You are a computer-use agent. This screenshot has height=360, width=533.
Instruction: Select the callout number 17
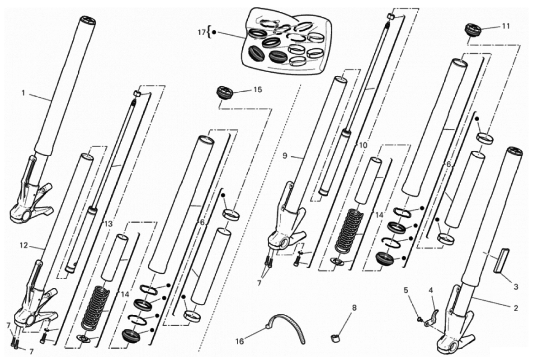201,32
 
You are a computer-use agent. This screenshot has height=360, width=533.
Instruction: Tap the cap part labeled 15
223,93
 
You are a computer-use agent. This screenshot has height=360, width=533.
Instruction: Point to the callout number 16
240,341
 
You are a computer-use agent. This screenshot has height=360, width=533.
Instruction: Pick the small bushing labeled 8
335,337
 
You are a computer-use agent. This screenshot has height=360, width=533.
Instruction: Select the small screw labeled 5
420,319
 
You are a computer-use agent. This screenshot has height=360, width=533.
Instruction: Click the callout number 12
24,246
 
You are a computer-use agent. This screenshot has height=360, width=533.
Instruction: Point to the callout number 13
107,223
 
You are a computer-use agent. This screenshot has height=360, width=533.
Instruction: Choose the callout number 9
284,155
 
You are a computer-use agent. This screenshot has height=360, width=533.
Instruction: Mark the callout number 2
515,309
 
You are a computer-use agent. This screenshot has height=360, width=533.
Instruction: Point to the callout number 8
354,308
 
